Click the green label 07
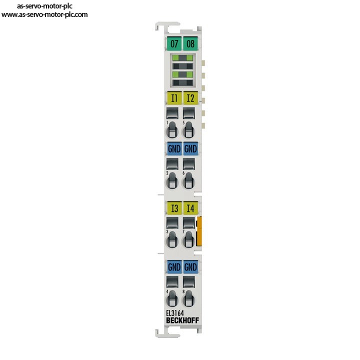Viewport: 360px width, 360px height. [x=174, y=43]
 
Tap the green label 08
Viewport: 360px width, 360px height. [x=190, y=43]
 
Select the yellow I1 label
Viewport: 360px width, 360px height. [x=174, y=98]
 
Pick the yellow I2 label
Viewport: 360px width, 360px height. [x=190, y=98]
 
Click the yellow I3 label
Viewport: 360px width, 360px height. [x=174, y=208]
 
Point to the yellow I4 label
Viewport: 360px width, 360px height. [x=190, y=208]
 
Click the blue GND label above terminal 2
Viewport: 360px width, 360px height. [x=174, y=148]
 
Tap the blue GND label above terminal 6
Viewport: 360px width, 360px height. [x=190, y=148]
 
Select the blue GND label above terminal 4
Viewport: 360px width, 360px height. [x=174, y=267]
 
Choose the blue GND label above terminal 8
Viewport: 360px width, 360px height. [x=190, y=267]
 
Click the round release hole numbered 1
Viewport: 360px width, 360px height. [x=172, y=131]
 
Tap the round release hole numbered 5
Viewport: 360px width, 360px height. [x=188, y=131]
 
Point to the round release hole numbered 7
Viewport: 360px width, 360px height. [x=188, y=240]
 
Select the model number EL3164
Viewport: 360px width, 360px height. [x=175, y=313]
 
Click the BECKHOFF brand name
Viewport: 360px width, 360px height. [x=182, y=320]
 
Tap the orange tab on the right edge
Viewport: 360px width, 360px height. [x=199, y=231]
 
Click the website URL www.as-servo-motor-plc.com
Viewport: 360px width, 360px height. [x=44, y=14]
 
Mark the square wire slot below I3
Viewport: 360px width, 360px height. [x=172, y=223]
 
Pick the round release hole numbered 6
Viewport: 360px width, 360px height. [x=188, y=181]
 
